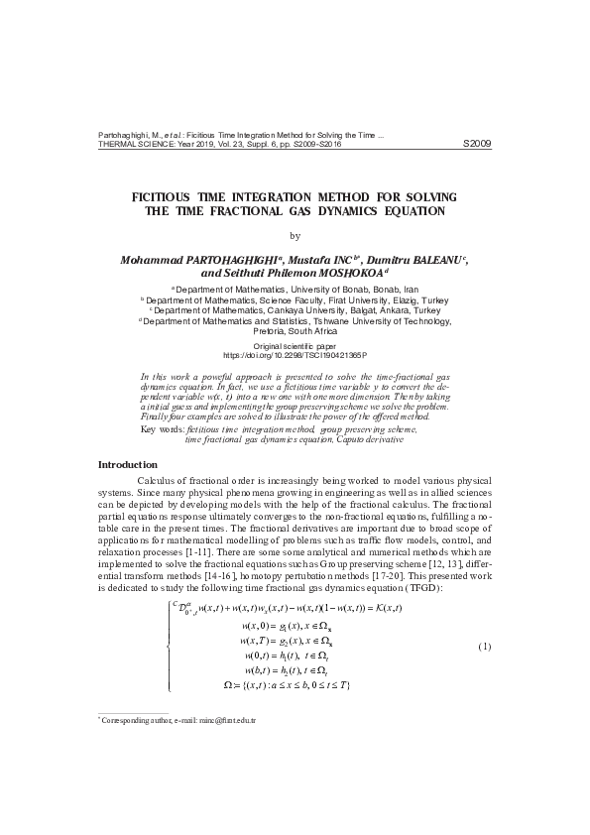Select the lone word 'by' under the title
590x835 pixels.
(294, 235)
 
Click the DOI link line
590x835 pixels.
(295, 354)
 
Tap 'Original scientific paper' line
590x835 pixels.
(295, 345)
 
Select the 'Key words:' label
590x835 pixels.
(163, 428)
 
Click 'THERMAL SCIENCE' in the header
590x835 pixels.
(134, 144)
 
